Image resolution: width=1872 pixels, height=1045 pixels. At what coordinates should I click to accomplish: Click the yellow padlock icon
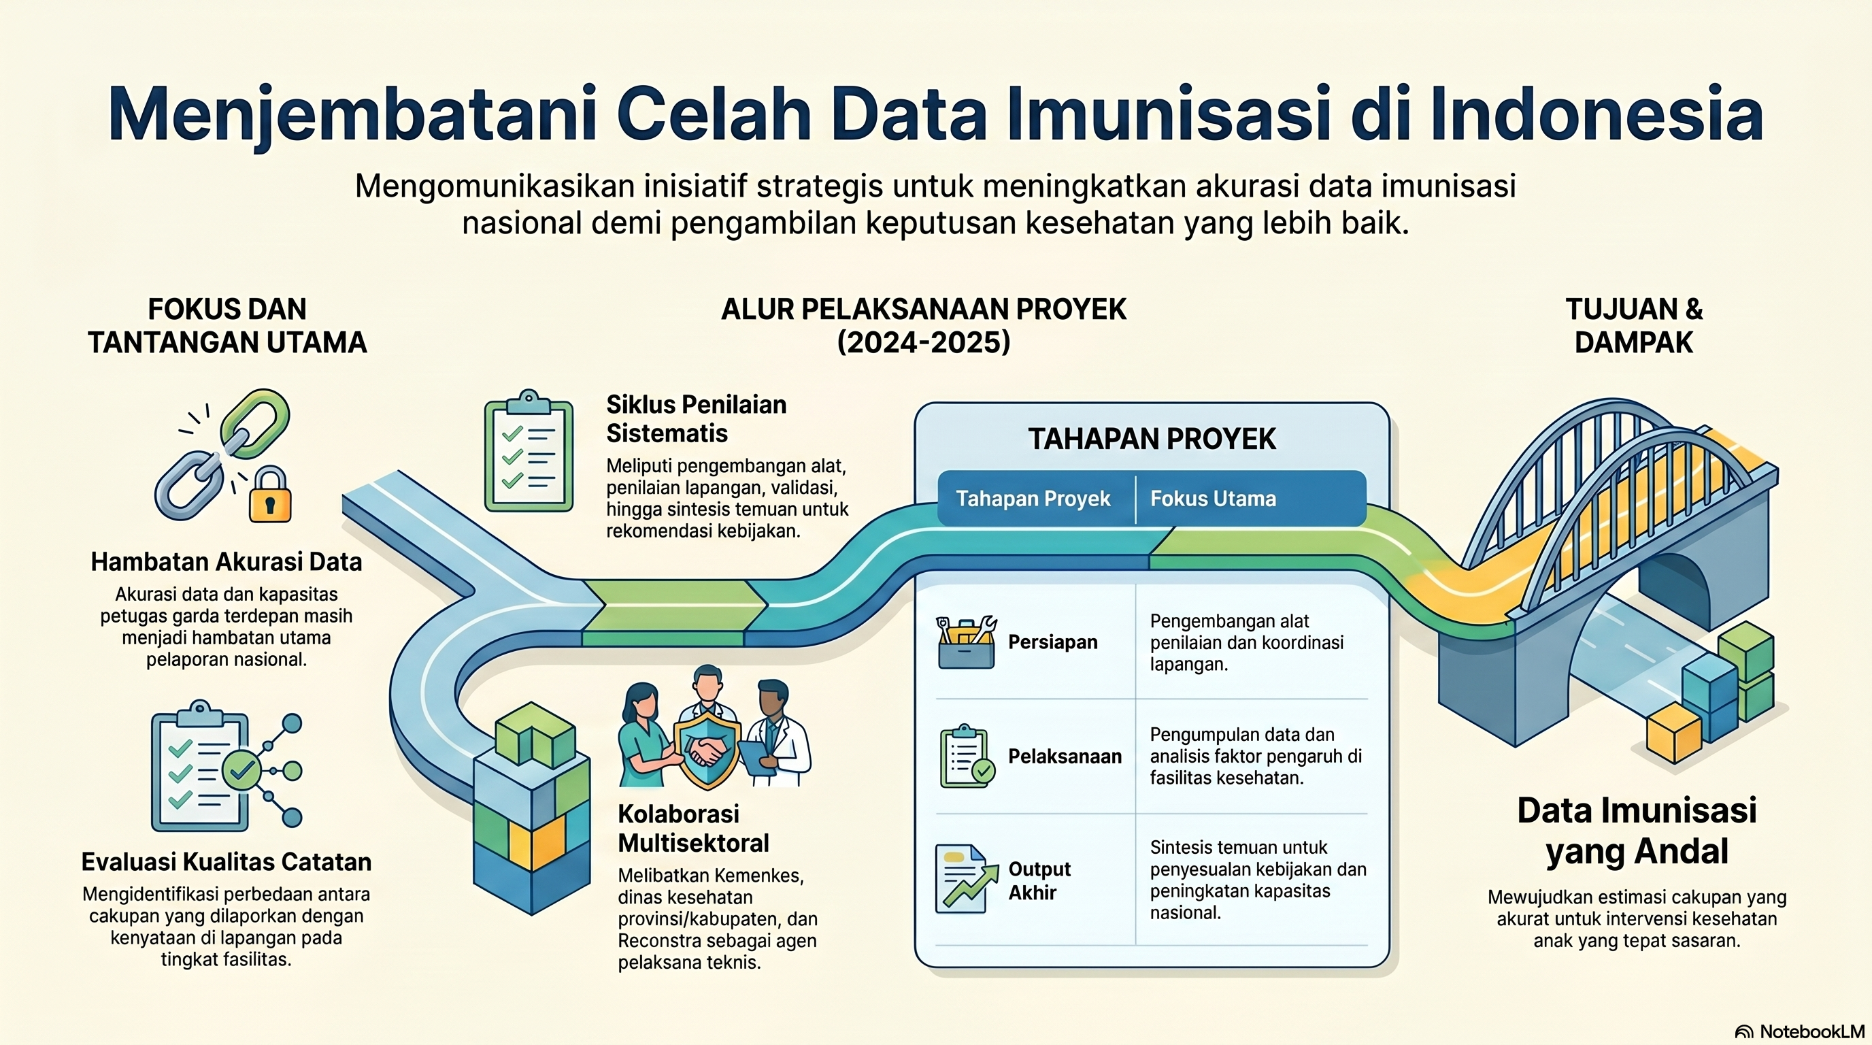click(x=269, y=495)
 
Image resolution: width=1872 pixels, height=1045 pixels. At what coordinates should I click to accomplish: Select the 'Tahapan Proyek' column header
click(x=1033, y=499)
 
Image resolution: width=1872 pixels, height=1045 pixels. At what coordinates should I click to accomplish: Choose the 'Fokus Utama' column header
click(x=1213, y=499)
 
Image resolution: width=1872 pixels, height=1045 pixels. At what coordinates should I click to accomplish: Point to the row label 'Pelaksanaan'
click(x=1065, y=757)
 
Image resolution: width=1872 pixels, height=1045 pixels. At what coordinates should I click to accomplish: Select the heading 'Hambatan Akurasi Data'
click(x=226, y=562)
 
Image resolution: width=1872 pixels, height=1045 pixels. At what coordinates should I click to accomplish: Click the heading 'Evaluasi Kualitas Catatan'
click(x=226, y=862)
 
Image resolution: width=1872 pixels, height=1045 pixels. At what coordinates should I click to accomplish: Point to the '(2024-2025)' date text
click(x=924, y=342)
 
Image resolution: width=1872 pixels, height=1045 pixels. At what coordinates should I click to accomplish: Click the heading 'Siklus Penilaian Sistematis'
click(x=696, y=418)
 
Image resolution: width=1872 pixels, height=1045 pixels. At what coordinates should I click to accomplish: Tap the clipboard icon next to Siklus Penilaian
click(x=529, y=450)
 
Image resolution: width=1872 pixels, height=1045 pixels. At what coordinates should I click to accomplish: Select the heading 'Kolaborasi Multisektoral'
click(x=693, y=829)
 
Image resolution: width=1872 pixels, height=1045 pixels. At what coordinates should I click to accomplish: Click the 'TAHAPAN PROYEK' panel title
click(x=1152, y=439)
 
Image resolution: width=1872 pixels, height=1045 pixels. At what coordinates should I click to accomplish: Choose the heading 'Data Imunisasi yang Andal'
click(x=1637, y=831)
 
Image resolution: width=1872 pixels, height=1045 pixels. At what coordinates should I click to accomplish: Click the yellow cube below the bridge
click(x=1673, y=733)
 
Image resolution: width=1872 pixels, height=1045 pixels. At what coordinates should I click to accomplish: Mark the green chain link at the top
click(x=255, y=424)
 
